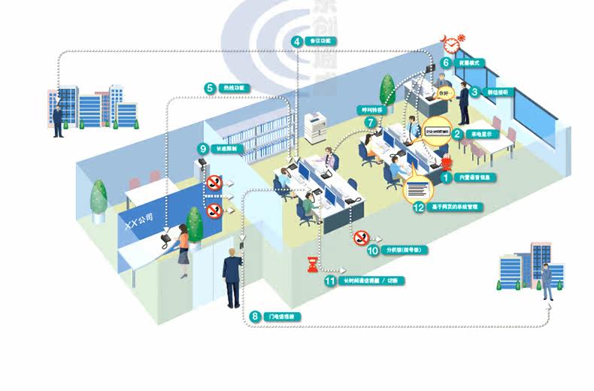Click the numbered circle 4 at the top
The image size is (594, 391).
(298, 41)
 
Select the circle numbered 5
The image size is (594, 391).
(210, 88)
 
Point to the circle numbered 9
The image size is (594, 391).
(202, 148)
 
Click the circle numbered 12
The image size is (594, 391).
(420, 207)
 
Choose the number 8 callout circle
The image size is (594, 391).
(255, 317)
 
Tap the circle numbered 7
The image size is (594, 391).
(369, 121)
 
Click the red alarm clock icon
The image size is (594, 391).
(453, 43)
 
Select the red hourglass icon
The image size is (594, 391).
(312, 264)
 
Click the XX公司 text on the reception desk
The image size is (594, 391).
(139, 220)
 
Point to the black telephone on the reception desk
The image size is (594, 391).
(165, 241)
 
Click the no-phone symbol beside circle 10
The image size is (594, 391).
(360, 238)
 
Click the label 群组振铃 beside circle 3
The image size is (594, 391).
(496, 92)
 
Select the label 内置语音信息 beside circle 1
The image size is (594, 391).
(477, 178)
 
